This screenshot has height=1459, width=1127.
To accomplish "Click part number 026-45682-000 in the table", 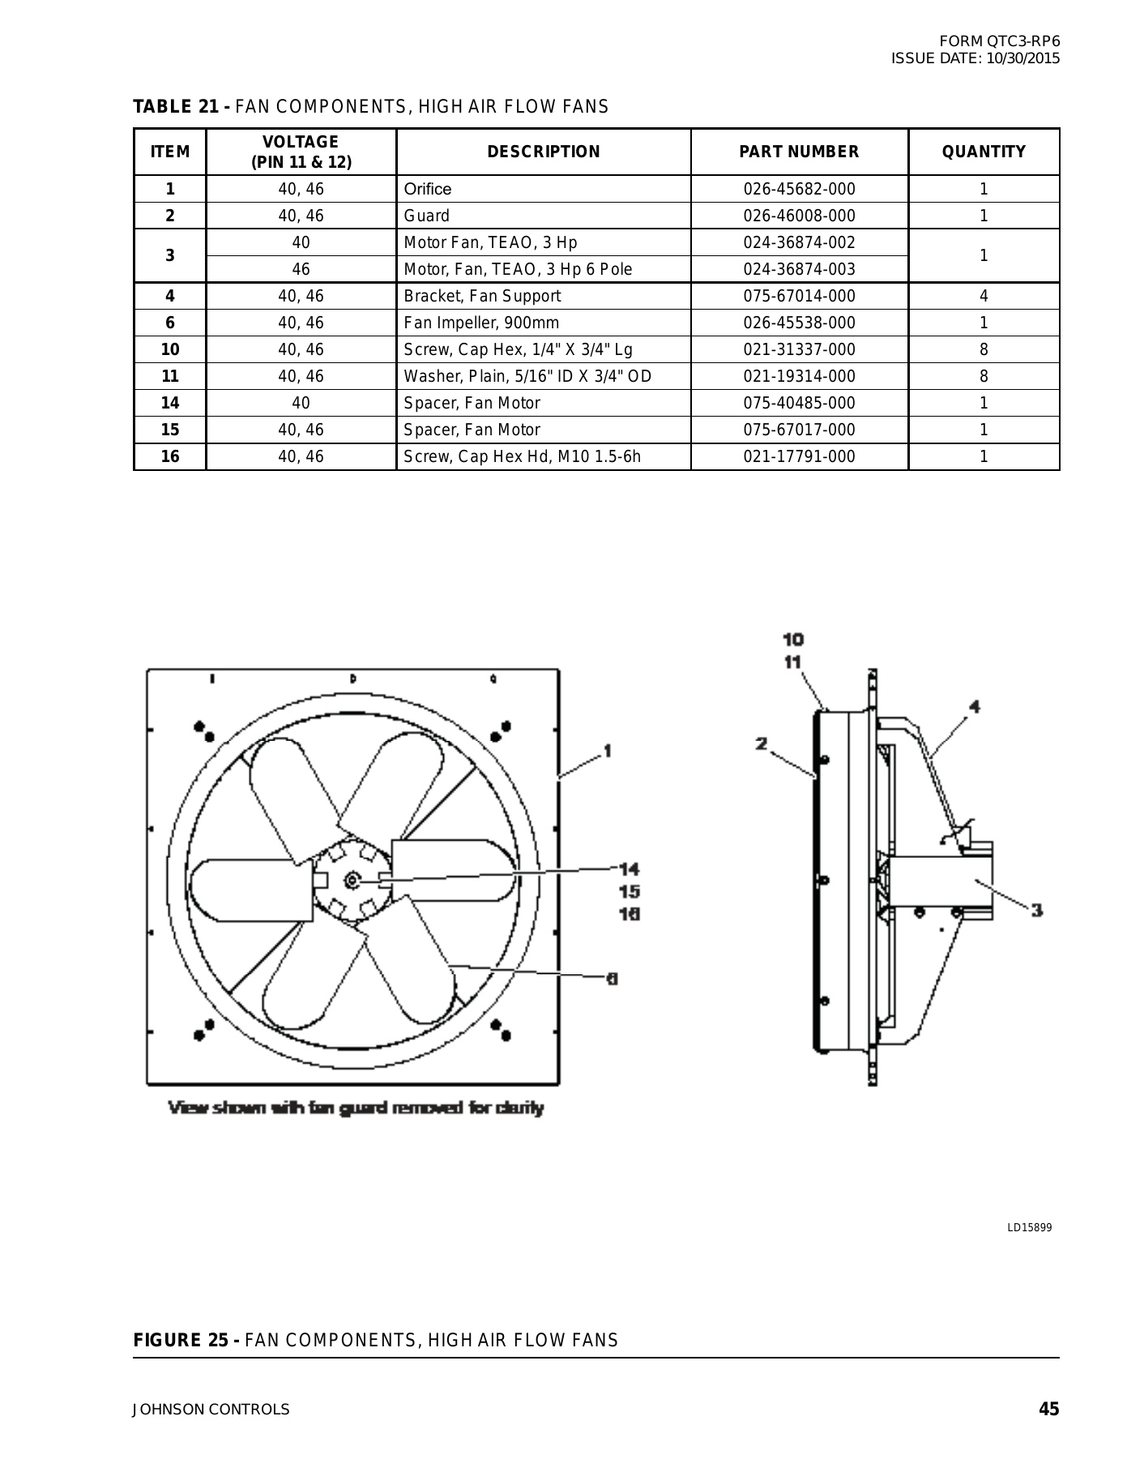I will click(799, 189).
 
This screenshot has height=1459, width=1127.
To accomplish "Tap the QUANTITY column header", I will click(984, 152).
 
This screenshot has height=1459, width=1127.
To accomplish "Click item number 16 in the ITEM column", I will click(170, 456).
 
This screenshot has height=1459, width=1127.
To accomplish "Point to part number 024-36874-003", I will click(799, 269).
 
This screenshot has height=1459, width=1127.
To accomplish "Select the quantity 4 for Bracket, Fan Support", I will click(984, 296).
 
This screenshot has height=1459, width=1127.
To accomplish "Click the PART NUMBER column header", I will click(799, 152).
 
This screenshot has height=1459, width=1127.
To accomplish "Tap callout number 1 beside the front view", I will click(607, 751).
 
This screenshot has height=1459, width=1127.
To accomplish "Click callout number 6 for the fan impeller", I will click(613, 978).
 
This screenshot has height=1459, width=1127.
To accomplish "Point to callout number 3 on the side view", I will click(1036, 910).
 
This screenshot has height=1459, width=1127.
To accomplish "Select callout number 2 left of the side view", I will click(762, 743).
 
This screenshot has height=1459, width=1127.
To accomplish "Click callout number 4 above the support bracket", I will click(974, 707).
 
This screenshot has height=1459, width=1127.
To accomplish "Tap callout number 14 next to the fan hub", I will click(629, 869).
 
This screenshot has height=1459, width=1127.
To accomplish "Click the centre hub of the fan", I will click(352, 879).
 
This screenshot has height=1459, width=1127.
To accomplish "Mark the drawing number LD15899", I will click(1029, 1228).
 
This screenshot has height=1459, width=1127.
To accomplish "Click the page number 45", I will click(1048, 1409).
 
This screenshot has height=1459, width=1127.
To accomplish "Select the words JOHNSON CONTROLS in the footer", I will click(211, 1410).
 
